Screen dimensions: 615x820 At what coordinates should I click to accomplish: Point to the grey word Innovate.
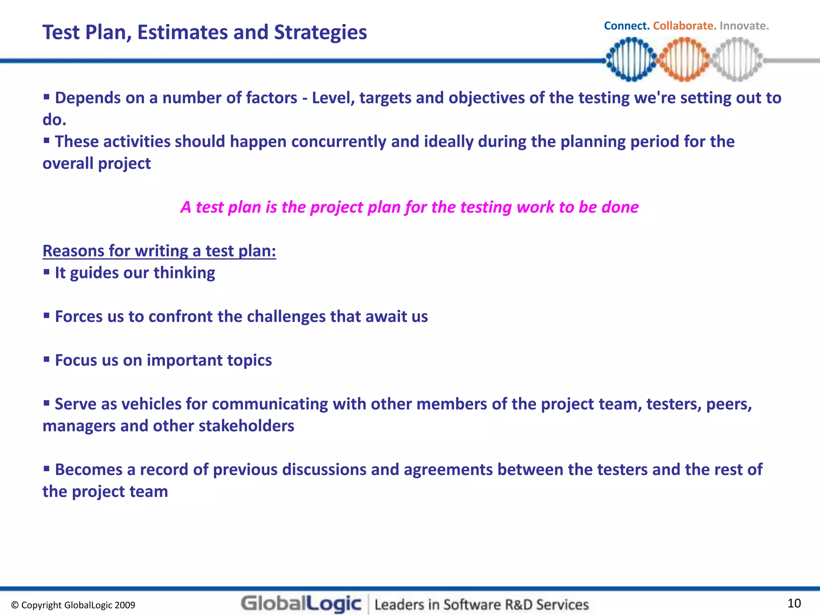[744, 26]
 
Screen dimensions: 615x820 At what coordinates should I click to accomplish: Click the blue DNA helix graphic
[631, 59]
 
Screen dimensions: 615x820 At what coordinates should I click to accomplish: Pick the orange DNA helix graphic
[684, 59]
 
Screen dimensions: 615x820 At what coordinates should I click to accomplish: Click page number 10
[794, 603]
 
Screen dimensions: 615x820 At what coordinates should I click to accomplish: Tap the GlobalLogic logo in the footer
[301, 604]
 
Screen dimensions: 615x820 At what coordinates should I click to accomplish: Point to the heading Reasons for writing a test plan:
[159, 251]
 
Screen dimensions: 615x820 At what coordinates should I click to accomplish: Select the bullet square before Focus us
[46, 359]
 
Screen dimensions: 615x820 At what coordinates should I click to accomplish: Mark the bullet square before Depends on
[46, 96]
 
